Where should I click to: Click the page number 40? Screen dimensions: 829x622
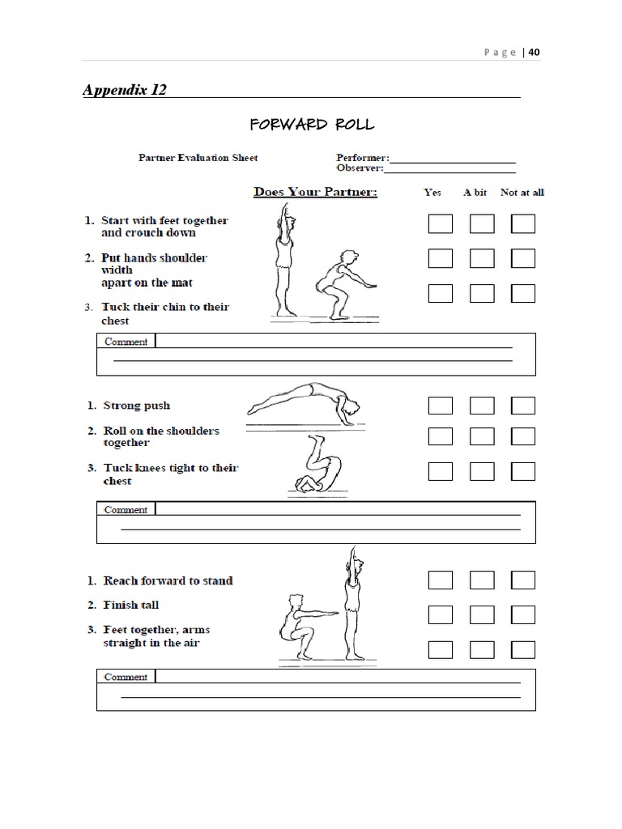tap(535, 53)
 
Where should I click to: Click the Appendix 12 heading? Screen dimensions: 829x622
tap(125, 90)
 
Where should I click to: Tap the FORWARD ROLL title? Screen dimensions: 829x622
tap(312, 124)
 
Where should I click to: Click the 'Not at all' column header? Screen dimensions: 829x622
tap(522, 193)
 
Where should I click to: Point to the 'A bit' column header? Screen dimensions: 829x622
tap(475, 193)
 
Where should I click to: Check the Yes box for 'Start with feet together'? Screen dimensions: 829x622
tap(441, 223)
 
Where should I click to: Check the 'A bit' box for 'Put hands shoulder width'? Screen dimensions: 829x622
tap(482, 258)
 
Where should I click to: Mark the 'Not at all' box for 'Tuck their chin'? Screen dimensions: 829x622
tap(523, 293)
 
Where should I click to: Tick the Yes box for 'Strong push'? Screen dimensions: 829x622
tap(441, 406)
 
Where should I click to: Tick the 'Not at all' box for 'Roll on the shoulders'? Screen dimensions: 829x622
tap(523, 436)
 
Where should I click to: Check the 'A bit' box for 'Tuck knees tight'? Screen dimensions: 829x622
tap(482, 470)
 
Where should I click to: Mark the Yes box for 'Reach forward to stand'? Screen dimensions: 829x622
tap(441, 580)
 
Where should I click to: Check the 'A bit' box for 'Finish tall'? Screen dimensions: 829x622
tap(482, 614)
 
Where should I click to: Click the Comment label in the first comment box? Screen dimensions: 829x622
tap(126, 342)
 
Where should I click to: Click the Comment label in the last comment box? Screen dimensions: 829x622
tap(126, 677)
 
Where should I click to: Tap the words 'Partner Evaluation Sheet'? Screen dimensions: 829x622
tap(198, 158)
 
